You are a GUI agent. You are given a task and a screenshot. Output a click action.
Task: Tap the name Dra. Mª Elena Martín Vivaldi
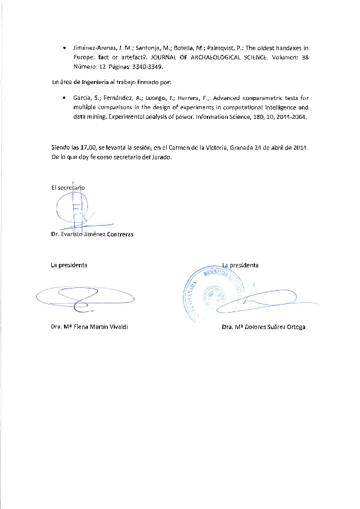89,327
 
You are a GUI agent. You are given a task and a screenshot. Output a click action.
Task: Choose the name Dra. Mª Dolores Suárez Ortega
263,327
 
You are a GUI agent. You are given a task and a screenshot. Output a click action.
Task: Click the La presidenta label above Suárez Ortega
240,265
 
